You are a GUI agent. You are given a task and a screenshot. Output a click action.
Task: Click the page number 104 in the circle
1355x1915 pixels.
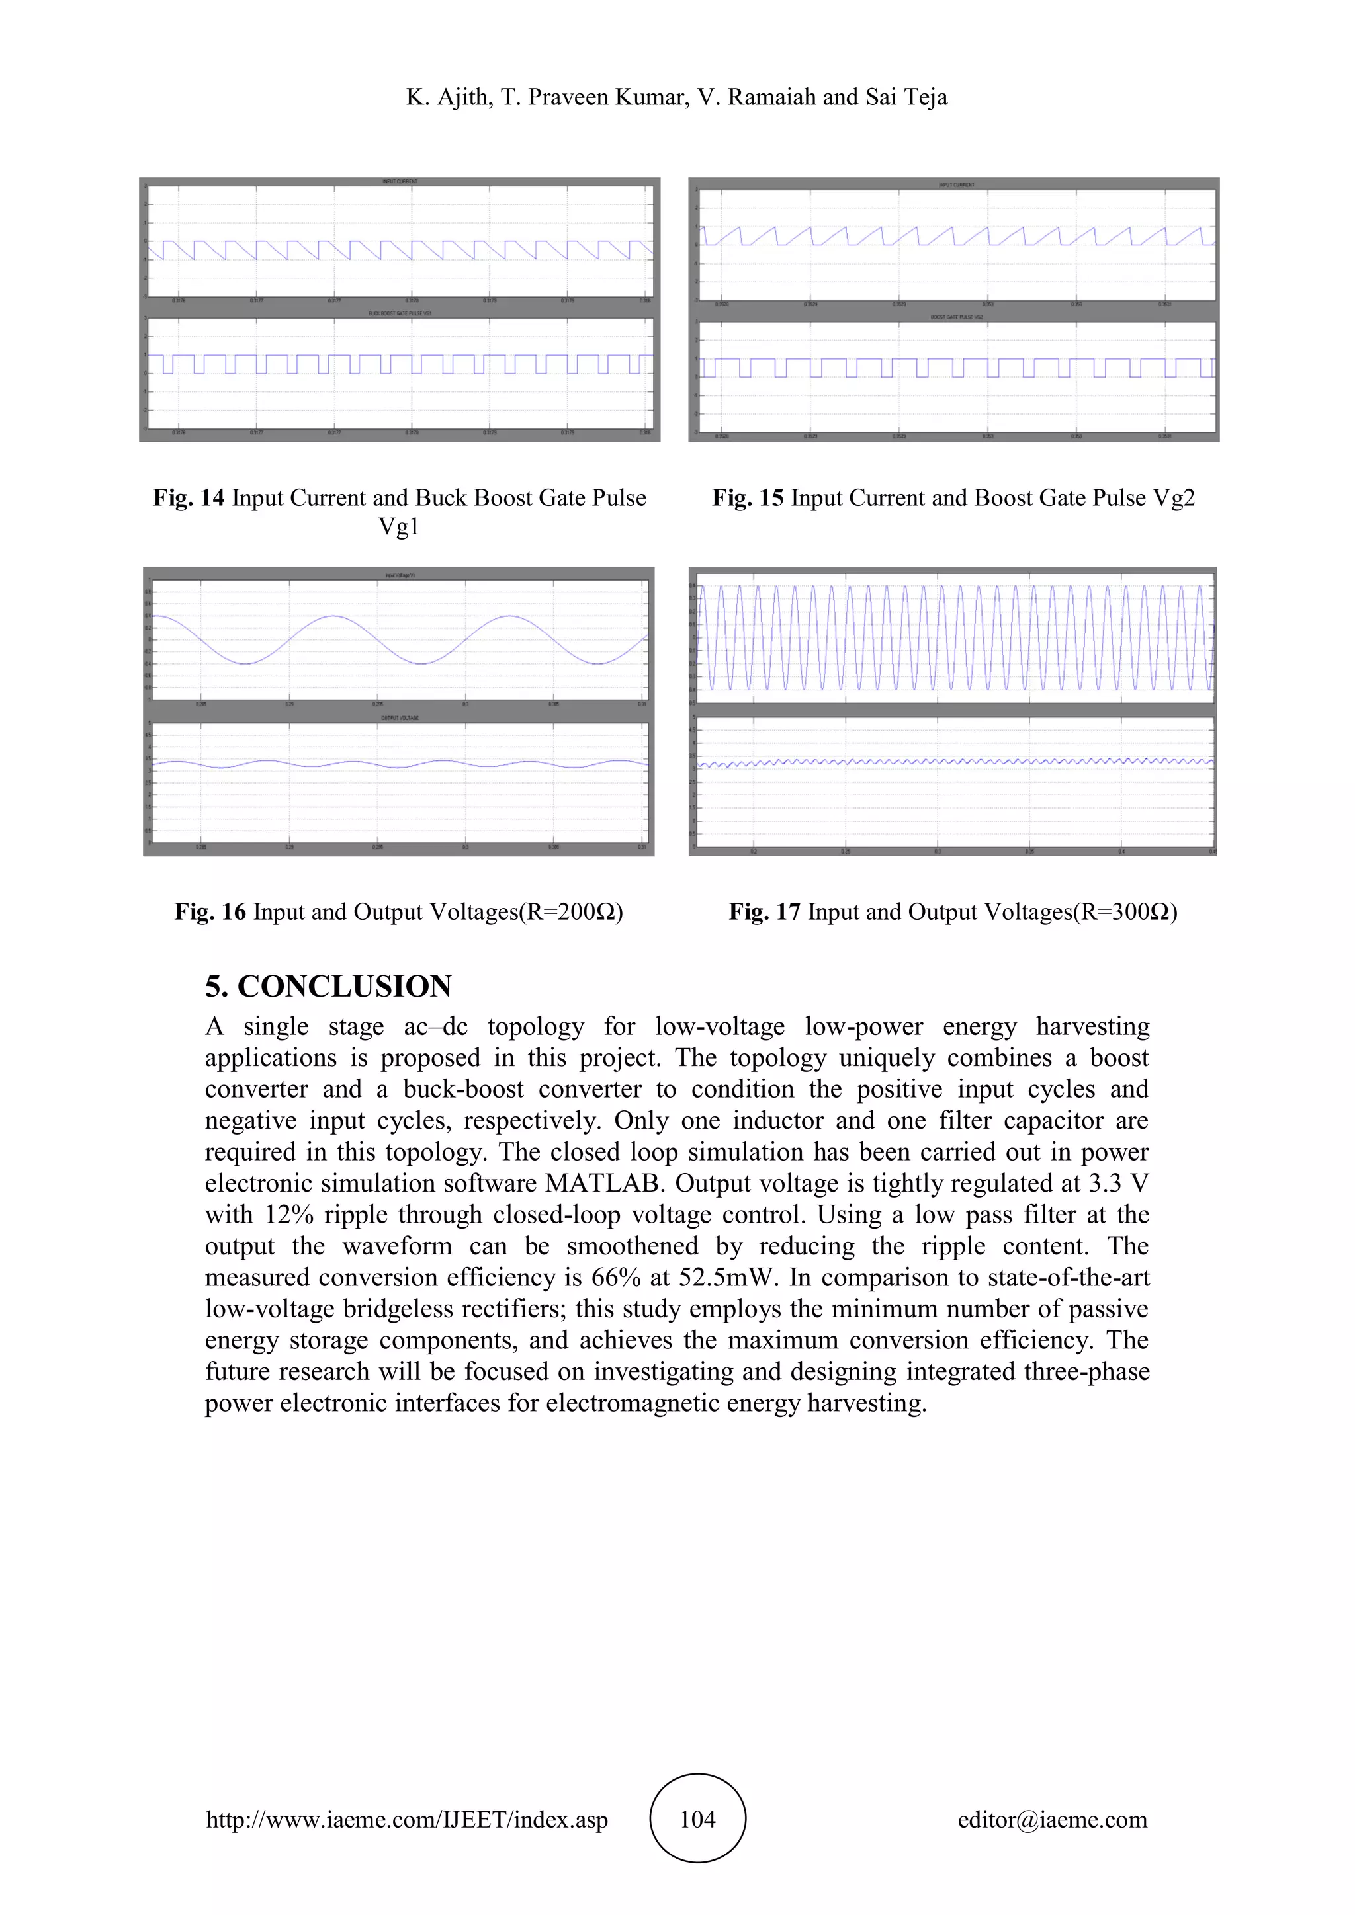(x=697, y=1819)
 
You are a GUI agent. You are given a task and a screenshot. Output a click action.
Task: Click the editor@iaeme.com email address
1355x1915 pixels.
(x=1052, y=1820)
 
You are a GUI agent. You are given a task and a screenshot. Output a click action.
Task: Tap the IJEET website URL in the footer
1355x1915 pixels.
(x=407, y=1820)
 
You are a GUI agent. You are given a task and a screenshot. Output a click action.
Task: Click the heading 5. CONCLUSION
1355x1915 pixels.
(x=329, y=986)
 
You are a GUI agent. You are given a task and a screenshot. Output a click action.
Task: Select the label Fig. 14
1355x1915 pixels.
(x=189, y=498)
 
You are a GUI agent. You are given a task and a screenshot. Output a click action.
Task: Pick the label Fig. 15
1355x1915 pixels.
(x=748, y=498)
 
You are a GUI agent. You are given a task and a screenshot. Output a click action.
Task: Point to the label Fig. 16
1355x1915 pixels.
(x=210, y=912)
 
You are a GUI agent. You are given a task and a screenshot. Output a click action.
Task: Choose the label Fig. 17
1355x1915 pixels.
(x=764, y=912)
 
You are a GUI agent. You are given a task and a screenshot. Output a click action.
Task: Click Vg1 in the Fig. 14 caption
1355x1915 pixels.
(x=399, y=526)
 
